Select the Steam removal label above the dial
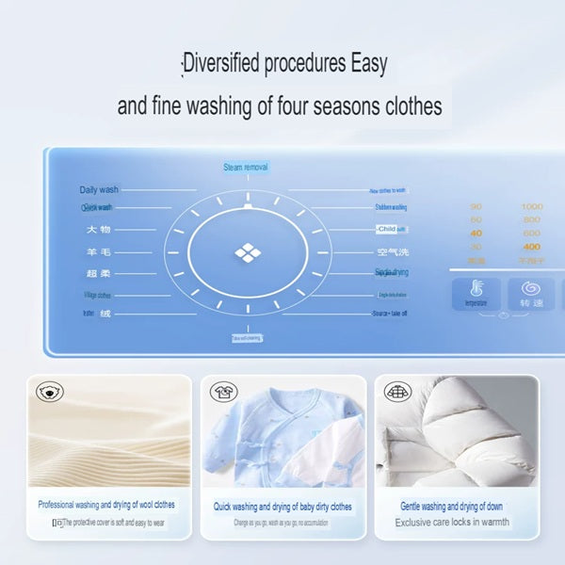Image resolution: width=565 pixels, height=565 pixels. [246, 168]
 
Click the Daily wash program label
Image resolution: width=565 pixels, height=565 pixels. [99, 189]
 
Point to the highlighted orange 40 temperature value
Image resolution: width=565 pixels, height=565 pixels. [476, 233]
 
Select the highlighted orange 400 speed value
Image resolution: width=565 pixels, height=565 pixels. [532, 246]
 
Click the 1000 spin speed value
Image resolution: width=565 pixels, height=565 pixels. [532, 206]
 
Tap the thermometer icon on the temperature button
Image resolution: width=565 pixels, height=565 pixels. [476, 288]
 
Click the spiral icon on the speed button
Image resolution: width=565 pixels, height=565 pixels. [532, 287]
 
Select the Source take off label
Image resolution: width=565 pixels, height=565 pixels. [389, 313]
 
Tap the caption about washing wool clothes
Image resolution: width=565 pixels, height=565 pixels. [106, 506]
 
